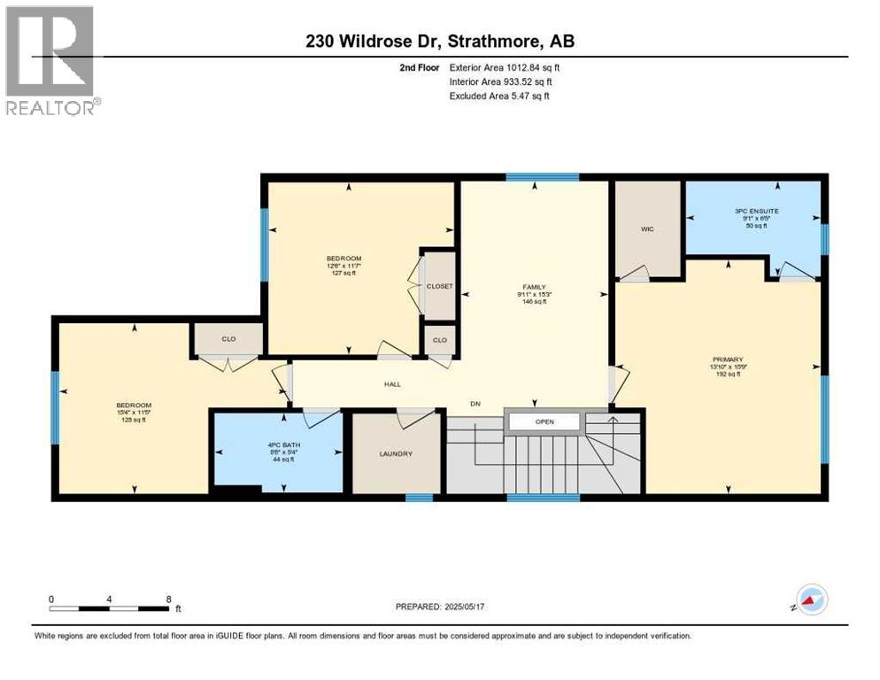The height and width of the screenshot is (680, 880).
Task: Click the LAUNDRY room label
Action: click(x=396, y=454)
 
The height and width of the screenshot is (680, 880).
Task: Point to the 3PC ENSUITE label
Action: click(x=754, y=211)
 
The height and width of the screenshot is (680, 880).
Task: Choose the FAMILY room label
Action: click(x=534, y=287)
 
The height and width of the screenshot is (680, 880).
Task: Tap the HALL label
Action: click(x=392, y=384)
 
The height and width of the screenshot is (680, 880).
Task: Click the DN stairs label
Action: click(x=475, y=404)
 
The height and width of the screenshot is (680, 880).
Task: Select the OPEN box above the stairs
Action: click(x=544, y=421)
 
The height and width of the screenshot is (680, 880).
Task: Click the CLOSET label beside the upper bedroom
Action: click(x=440, y=287)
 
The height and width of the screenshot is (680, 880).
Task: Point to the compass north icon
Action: click(x=811, y=599)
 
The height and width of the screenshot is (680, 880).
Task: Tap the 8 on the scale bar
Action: click(x=168, y=599)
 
